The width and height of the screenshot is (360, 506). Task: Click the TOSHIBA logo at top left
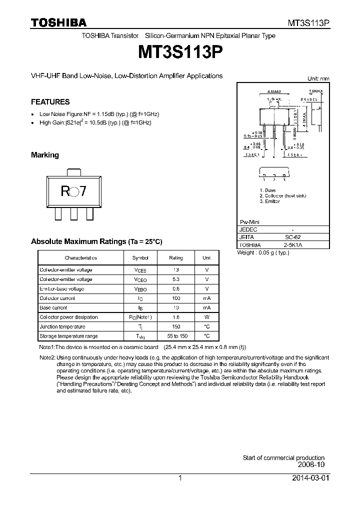coord(58,22)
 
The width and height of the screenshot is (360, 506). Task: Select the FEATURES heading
coord(50,102)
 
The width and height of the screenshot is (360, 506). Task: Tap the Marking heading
coord(45,155)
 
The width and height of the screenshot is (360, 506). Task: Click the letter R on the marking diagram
coord(64,191)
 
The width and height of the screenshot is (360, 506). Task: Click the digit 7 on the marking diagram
coord(83,191)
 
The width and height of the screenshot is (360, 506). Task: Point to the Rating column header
coord(176,258)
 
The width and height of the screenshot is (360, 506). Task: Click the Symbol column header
coord(140,258)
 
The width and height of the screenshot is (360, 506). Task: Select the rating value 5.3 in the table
coord(176,279)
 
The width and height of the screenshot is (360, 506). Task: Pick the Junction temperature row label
coord(62,326)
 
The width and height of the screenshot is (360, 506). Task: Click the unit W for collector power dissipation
coord(207,317)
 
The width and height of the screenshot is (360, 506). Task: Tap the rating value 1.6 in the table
coord(176,317)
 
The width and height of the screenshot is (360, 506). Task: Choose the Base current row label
coord(53,308)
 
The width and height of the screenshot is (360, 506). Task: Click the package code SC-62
coord(293,237)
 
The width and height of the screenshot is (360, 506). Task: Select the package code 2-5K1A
coord(293,245)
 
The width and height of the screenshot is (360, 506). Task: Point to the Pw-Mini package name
coord(250,221)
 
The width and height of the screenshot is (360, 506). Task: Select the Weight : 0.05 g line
coord(263,253)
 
